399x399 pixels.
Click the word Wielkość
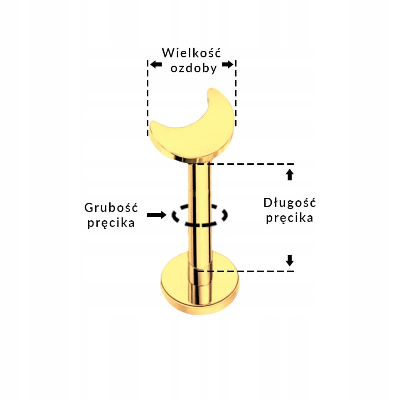pos(192,53)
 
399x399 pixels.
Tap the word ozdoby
pos(194,68)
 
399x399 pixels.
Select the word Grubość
pos(111,207)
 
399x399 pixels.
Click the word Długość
pos(290,203)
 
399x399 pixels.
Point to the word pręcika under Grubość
pos(111,223)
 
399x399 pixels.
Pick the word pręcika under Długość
pos(290,218)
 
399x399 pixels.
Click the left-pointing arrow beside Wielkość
pos(156,64)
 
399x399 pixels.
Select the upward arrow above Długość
pos(290,175)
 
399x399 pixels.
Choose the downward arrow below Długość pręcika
pos(290,260)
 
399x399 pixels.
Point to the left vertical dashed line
pos(148,100)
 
